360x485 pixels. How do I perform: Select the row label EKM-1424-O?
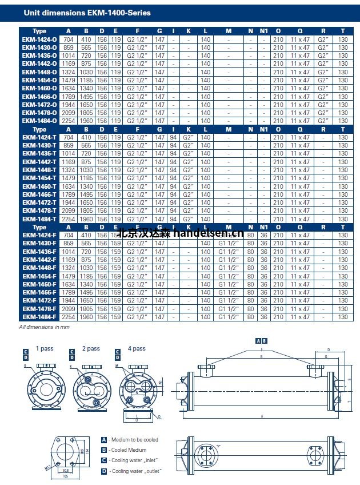(x=39, y=39)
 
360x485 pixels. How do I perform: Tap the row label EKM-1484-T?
(x=39, y=219)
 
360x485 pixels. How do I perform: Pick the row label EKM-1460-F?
(x=39, y=284)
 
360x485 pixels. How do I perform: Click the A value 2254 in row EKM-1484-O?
(x=69, y=121)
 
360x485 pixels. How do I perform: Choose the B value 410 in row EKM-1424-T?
(x=86, y=137)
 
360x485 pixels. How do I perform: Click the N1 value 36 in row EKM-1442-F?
(x=264, y=260)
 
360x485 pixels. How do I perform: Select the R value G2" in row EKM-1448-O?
(x=324, y=72)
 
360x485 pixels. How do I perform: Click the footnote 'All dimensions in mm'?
(x=44, y=327)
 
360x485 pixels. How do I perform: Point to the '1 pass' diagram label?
(x=44, y=348)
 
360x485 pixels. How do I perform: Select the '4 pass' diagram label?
(x=137, y=348)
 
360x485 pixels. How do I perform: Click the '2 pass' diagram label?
(x=91, y=348)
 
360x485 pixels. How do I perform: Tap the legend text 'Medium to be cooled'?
(x=135, y=440)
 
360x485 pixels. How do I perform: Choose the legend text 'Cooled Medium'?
(x=129, y=450)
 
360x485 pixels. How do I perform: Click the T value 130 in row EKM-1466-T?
(x=343, y=194)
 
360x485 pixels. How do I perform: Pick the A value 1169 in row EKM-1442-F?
(x=69, y=260)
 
